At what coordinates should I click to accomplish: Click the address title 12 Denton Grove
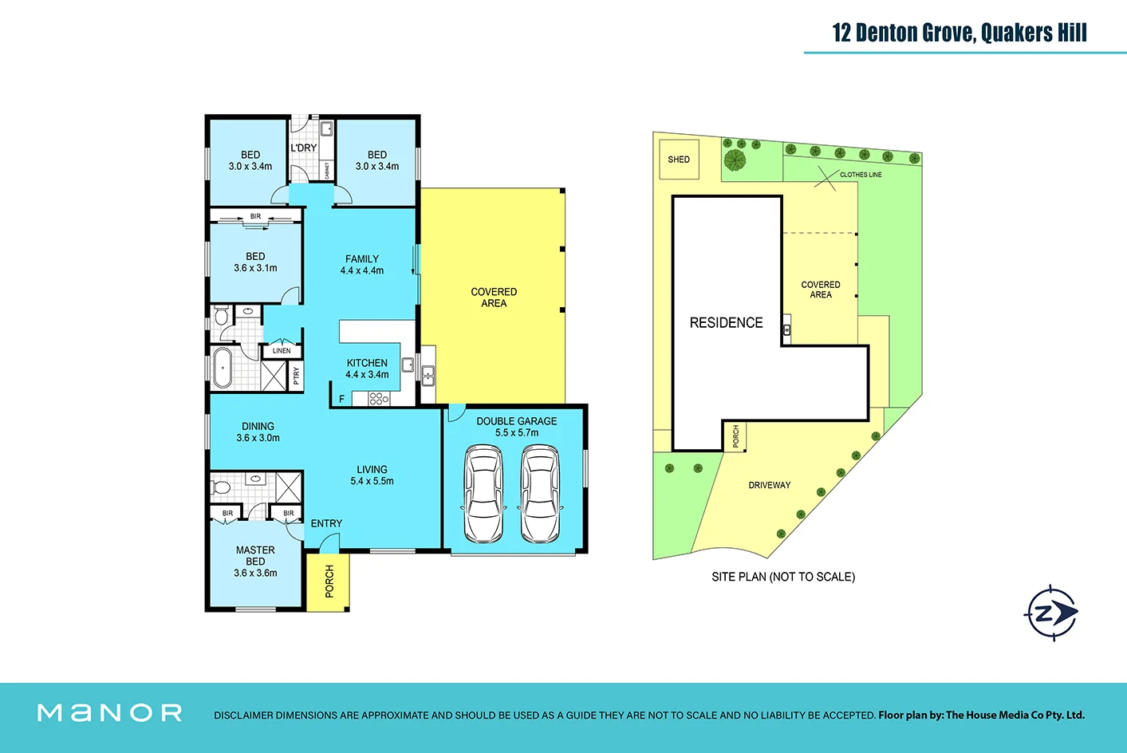pyautogui.click(x=959, y=33)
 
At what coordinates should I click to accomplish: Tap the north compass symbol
pyautogui.click(x=1050, y=613)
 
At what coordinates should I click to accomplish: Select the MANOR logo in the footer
pyautogui.click(x=110, y=712)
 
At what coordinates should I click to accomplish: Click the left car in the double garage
pyautogui.click(x=483, y=495)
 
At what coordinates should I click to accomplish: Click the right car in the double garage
pyautogui.click(x=540, y=495)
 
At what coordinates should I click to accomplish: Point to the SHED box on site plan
pyautogui.click(x=679, y=160)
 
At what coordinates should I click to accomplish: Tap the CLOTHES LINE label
pyautogui.click(x=860, y=175)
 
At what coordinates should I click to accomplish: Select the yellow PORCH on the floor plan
pyautogui.click(x=329, y=582)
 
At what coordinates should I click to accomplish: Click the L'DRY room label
pyautogui.click(x=303, y=148)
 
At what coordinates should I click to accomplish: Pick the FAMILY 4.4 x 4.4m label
pyautogui.click(x=362, y=265)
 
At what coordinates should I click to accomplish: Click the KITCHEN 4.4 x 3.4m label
pyautogui.click(x=367, y=369)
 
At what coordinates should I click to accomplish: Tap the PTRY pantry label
pyautogui.click(x=297, y=375)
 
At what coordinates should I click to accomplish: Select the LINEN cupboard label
pyautogui.click(x=282, y=350)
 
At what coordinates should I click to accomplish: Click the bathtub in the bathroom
pyautogui.click(x=223, y=368)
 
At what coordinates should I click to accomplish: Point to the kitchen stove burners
pyautogui.click(x=378, y=398)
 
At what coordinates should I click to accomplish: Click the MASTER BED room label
pyautogui.click(x=255, y=562)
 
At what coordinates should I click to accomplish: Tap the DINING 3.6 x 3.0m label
pyautogui.click(x=258, y=432)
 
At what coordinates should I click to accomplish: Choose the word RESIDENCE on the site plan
pyautogui.click(x=726, y=323)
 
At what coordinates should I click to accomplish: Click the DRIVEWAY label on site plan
pyautogui.click(x=769, y=485)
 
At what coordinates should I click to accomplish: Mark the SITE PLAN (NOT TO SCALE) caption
pyautogui.click(x=782, y=577)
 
